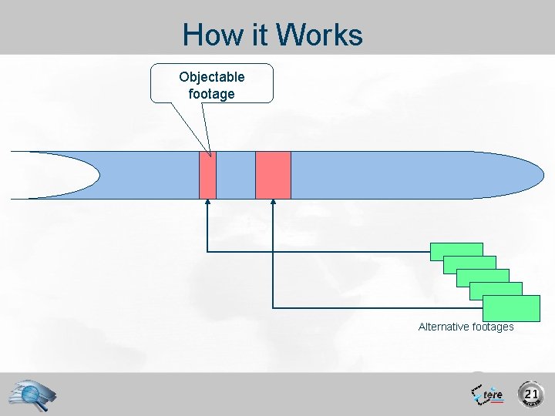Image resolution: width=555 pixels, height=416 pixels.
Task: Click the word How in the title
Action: click(207, 35)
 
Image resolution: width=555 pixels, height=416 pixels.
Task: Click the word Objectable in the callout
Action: click(212, 77)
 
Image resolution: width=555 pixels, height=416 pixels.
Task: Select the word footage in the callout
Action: click(211, 94)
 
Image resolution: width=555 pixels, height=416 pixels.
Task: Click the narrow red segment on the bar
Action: click(207, 175)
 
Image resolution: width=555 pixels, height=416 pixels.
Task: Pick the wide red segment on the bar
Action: click(273, 175)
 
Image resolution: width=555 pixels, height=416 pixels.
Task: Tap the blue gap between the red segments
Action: click(236, 175)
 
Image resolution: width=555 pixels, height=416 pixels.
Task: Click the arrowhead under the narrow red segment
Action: click(207, 203)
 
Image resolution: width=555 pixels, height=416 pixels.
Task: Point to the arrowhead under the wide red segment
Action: click(273, 203)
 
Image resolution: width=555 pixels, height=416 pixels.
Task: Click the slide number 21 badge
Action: click(530, 394)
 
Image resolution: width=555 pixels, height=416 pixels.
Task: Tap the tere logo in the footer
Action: click(488, 394)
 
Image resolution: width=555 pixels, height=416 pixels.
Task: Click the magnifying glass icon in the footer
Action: click(33, 394)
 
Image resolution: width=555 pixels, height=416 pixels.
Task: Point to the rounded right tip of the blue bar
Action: click(532, 175)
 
